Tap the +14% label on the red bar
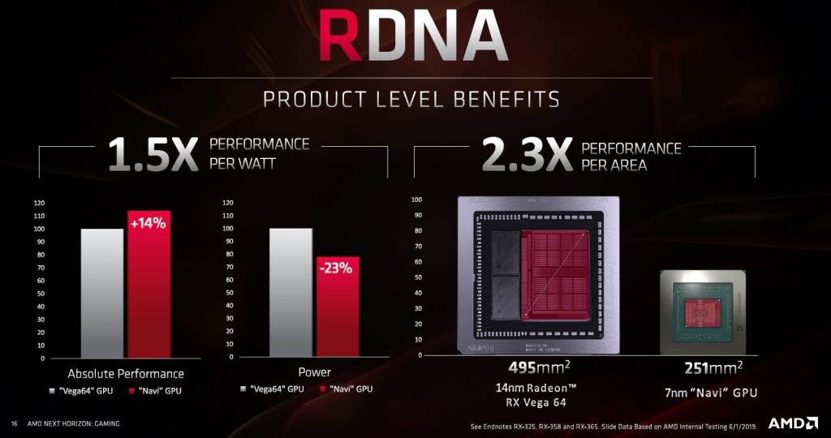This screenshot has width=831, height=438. [x=149, y=222]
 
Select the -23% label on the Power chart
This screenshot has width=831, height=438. [x=337, y=268]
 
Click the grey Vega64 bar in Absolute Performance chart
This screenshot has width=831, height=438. [x=102, y=293]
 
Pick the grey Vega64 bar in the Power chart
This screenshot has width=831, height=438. [x=291, y=293]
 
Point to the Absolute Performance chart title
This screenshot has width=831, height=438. [x=126, y=373]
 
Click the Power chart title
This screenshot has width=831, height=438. [x=315, y=372]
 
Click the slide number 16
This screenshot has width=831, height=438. [x=14, y=423]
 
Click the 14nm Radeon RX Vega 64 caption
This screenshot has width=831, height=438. [x=540, y=393]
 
